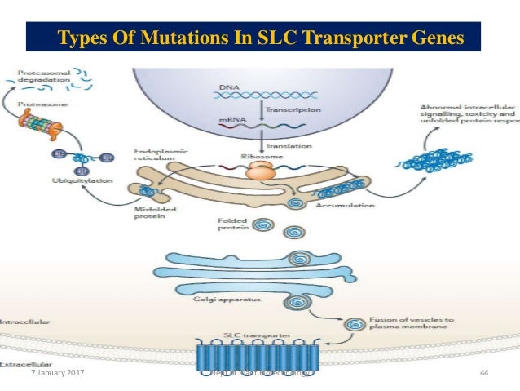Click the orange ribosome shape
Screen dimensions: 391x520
tap(261, 171)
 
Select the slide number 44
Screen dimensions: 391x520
tap(484, 372)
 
